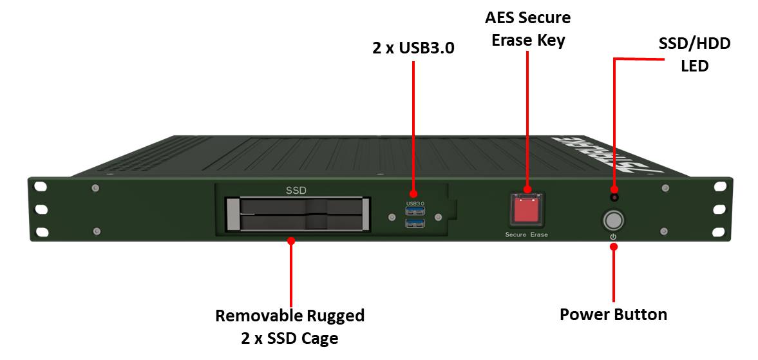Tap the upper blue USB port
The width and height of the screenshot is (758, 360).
[x=415, y=211]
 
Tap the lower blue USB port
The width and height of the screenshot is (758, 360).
[x=415, y=223]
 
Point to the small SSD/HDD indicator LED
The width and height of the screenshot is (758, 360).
[x=614, y=197]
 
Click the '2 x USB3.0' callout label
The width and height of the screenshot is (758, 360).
[x=413, y=48]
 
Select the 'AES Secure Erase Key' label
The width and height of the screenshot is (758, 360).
[x=527, y=29]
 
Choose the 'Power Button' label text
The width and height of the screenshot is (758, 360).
[x=613, y=314]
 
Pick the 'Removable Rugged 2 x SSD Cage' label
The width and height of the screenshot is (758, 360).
[x=290, y=327]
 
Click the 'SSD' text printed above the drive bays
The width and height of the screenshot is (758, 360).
[x=296, y=190]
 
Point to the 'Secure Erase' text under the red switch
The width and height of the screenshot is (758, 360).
[x=527, y=235]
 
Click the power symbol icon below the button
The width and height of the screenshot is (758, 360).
[x=613, y=237]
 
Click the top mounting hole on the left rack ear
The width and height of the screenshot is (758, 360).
[x=41, y=187]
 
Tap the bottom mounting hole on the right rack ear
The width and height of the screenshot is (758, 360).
[x=720, y=230]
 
